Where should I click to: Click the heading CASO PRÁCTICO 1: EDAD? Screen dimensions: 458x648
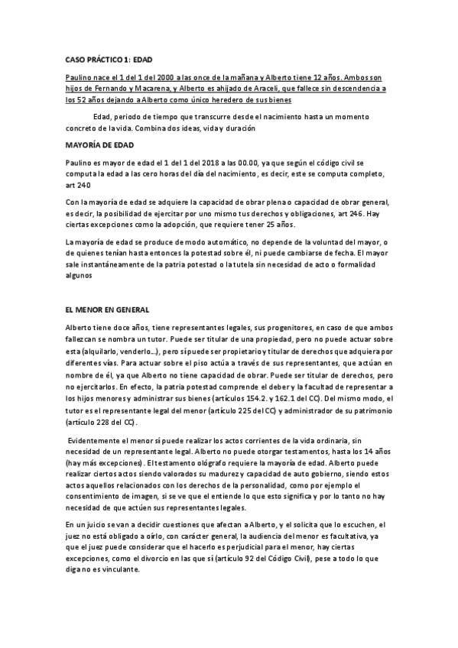coord(110,58)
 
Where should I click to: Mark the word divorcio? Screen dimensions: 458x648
coord(153,558)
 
